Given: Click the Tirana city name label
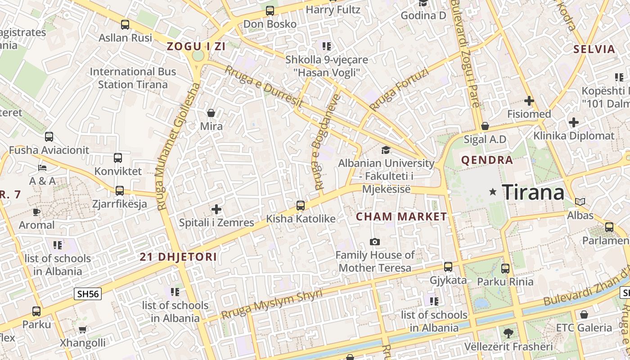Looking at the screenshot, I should coord(533,193).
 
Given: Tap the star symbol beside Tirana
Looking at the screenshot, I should coord(493,192).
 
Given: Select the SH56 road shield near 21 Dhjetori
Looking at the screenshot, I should coord(88,294).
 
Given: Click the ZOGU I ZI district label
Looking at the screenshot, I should coord(196,46).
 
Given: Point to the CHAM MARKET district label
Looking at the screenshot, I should coord(401,216).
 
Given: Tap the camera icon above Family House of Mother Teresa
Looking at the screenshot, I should coord(374,242).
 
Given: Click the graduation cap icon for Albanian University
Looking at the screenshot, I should coord(386,150).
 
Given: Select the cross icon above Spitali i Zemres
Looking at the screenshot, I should coord(216,209).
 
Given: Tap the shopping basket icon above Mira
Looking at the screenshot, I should coord(211,113).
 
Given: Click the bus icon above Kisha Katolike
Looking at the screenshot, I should coord(301,206).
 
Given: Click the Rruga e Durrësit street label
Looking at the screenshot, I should coord(264,88).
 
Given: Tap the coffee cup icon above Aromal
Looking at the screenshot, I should coord(36,212).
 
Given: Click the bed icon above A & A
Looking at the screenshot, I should coord(42,168).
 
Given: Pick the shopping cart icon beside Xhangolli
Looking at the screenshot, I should coord(82,330).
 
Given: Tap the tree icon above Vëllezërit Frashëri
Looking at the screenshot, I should coord(508,333).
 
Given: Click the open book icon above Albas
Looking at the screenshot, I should coord(580,202).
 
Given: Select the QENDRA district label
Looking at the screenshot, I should coord(487,160).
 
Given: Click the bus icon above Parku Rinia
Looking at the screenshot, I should coord(505,269).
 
